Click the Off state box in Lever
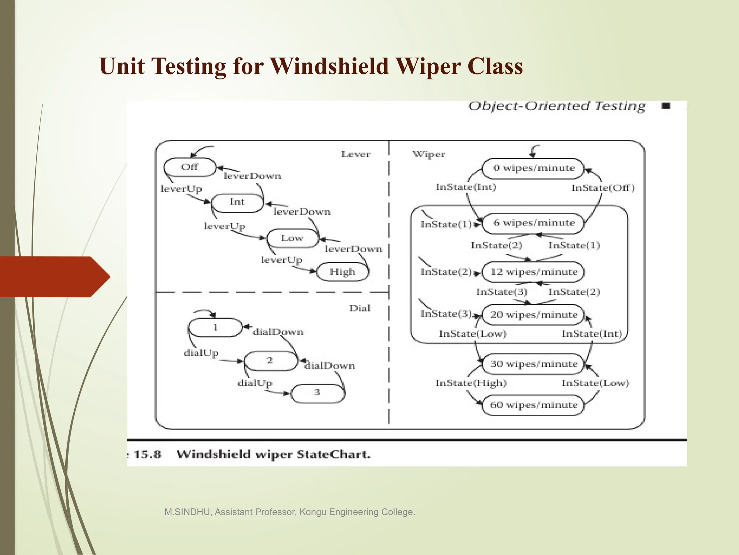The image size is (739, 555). (189, 167)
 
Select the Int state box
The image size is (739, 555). (237, 202)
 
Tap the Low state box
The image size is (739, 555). (292, 238)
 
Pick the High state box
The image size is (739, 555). (342, 272)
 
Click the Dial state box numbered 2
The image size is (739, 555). (270, 360)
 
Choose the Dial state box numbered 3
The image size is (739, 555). (317, 393)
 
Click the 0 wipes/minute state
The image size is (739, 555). (533, 168)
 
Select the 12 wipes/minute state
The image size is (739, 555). (533, 272)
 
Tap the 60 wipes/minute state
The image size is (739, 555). (533, 405)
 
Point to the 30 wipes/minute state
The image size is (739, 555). (533, 364)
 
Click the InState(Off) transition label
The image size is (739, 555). (603, 188)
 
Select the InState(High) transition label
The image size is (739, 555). (471, 383)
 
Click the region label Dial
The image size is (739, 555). (360, 308)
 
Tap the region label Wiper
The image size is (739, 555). (429, 154)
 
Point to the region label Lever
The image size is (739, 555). (356, 154)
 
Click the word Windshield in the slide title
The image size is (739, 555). (329, 66)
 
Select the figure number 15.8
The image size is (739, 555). (147, 454)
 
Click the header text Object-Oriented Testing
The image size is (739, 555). (556, 106)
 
